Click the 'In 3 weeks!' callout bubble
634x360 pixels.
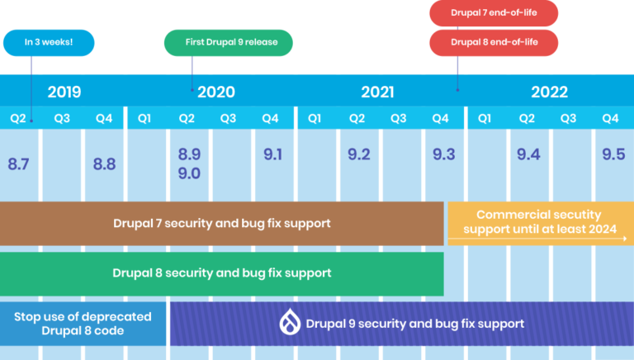[49, 42]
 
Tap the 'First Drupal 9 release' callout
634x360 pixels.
[228, 42]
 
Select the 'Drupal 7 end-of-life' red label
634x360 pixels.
[493, 13]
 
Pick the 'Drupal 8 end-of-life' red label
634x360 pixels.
[493, 42]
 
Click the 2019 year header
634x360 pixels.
[64, 92]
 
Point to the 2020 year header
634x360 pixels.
[216, 92]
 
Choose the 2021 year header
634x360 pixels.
[376, 92]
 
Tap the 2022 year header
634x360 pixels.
[549, 92]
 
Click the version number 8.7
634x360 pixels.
[19, 164]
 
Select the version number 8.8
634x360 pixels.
[104, 164]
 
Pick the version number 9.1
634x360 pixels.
[273, 154]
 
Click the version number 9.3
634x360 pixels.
[443, 154]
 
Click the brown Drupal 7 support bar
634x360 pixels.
[222, 223]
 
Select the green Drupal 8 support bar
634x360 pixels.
[222, 273]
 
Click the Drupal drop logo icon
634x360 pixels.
[290, 323]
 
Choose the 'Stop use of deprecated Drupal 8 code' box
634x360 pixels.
[83, 323]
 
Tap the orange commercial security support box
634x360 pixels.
[539, 223]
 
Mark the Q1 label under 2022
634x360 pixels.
[485, 118]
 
